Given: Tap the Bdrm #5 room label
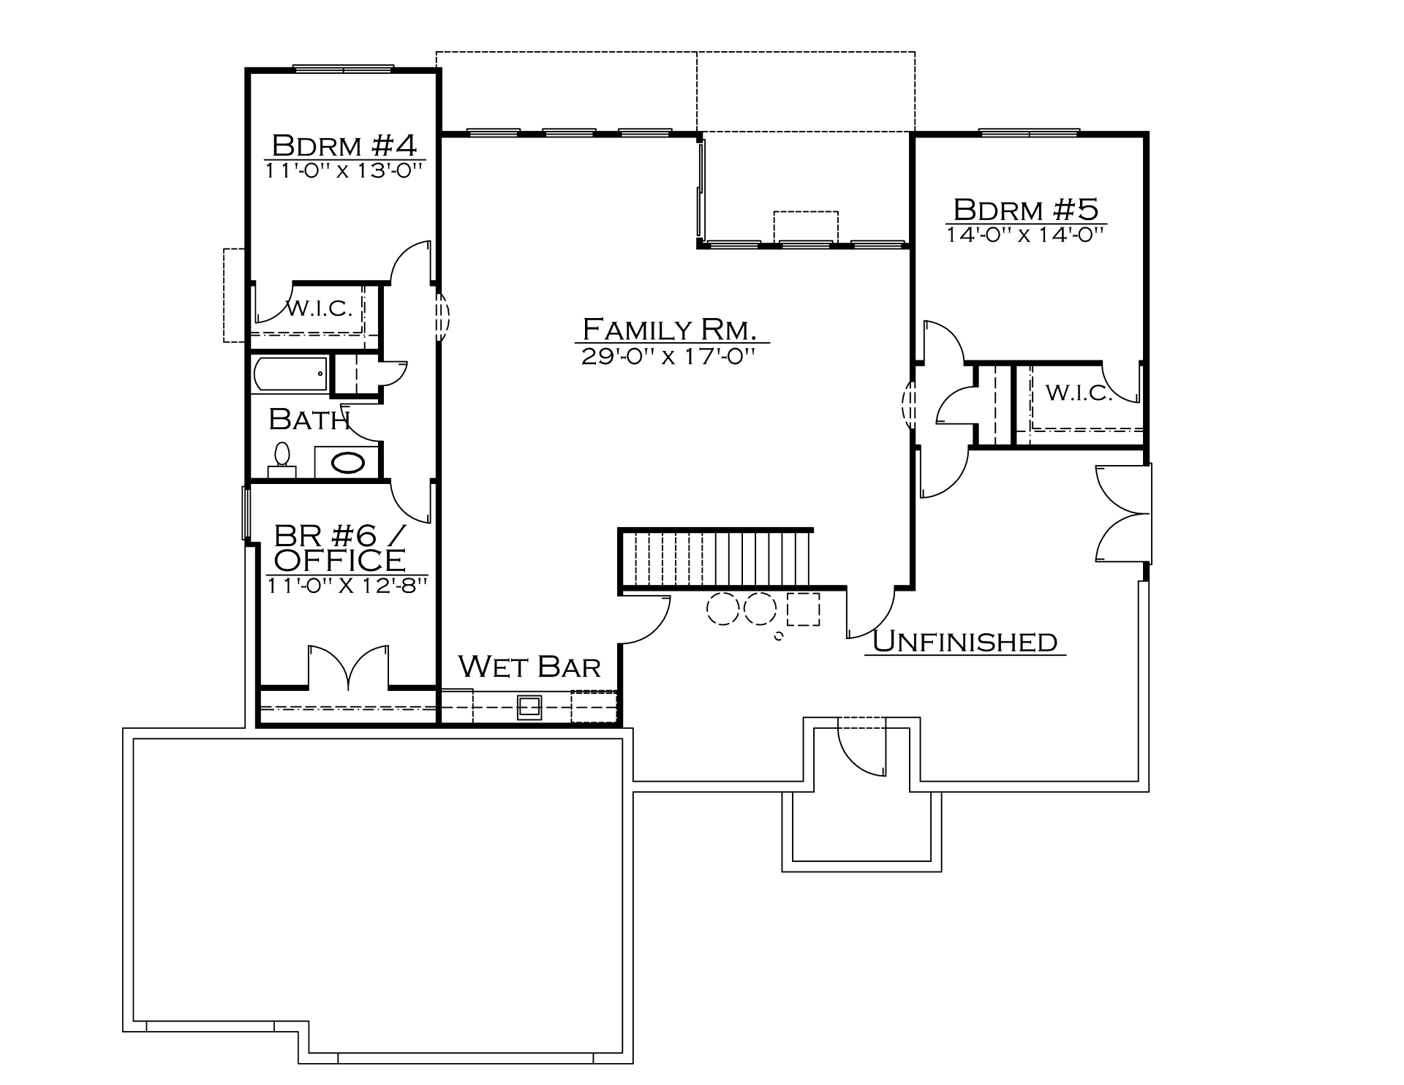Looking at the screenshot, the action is (1026, 210).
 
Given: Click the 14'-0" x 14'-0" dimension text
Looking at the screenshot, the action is (1024, 235).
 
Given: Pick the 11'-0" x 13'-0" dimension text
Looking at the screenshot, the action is (344, 170).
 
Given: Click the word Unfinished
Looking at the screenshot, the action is (965, 641).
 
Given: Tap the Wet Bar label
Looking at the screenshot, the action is (529, 666).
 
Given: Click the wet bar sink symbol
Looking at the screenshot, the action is (529, 707).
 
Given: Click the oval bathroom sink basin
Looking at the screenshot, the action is (348, 463).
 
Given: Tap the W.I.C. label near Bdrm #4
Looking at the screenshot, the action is (319, 308).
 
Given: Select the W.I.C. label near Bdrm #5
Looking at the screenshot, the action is (1079, 393).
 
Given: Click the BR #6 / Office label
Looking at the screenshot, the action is (339, 548).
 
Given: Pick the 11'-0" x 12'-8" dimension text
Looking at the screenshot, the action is (346, 586).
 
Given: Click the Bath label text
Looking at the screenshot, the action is (309, 419).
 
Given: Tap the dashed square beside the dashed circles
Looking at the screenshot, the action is (803, 609).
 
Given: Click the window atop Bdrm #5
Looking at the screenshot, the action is (1029, 133).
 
